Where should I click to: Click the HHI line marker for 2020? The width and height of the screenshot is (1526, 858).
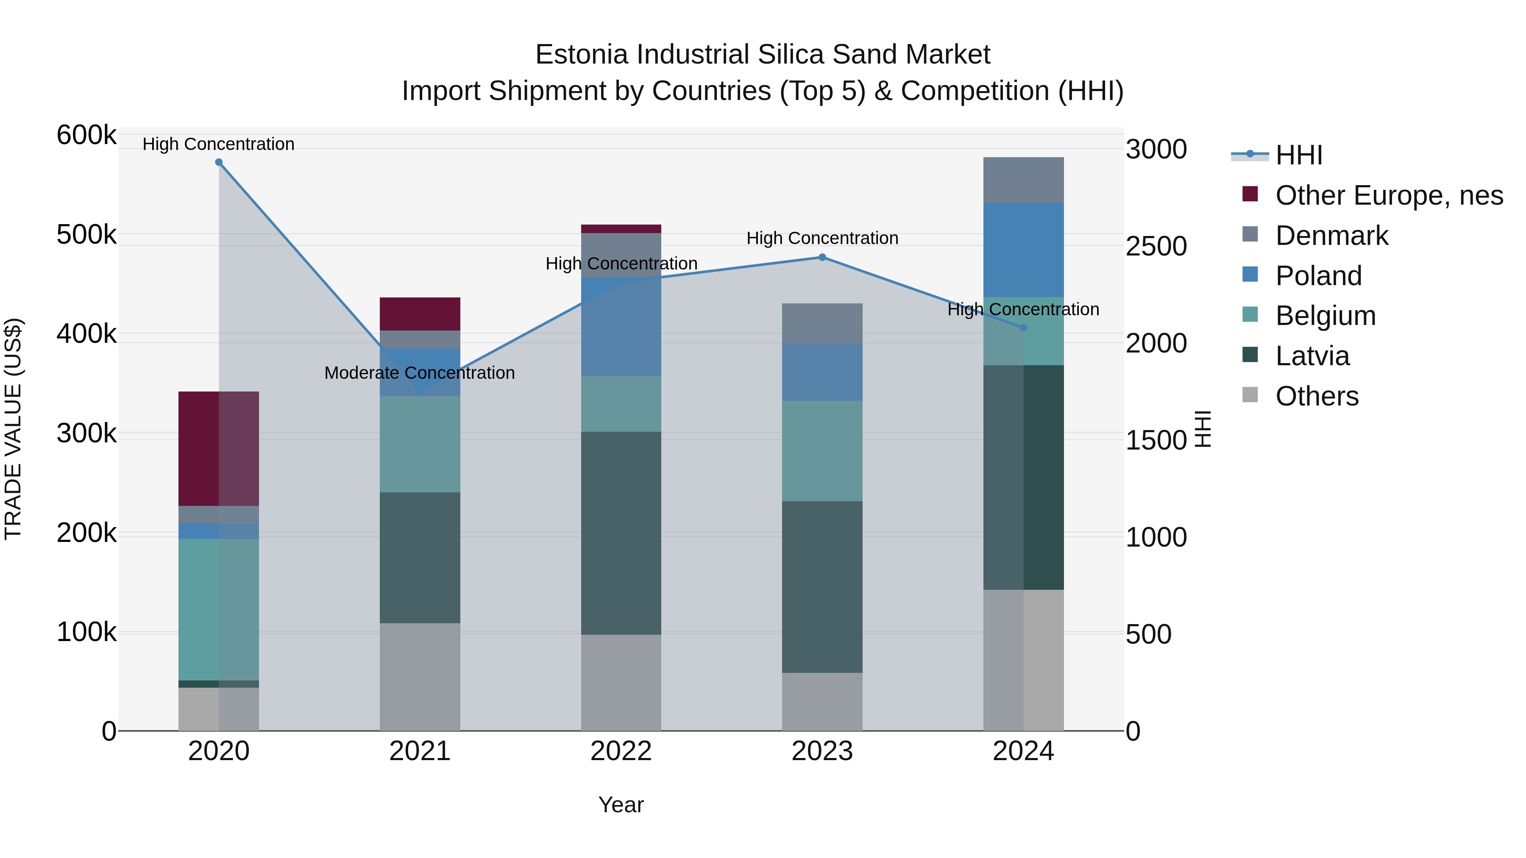click(219, 162)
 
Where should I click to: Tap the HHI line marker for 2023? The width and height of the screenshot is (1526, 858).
click(822, 258)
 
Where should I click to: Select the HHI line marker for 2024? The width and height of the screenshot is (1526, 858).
click(1023, 328)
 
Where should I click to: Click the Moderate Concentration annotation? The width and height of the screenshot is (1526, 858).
click(419, 373)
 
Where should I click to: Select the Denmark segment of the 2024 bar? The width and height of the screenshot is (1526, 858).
click(1023, 180)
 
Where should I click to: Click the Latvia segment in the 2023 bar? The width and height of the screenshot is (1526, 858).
click(822, 586)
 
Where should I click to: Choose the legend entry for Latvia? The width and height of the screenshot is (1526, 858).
click(1312, 356)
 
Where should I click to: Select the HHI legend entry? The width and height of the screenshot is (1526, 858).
click(1298, 155)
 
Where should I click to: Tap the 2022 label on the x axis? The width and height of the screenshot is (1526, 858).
click(621, 751)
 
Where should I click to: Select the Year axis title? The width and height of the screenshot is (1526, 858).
click(621, 805)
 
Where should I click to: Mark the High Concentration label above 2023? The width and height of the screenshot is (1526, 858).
click(822, 238)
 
